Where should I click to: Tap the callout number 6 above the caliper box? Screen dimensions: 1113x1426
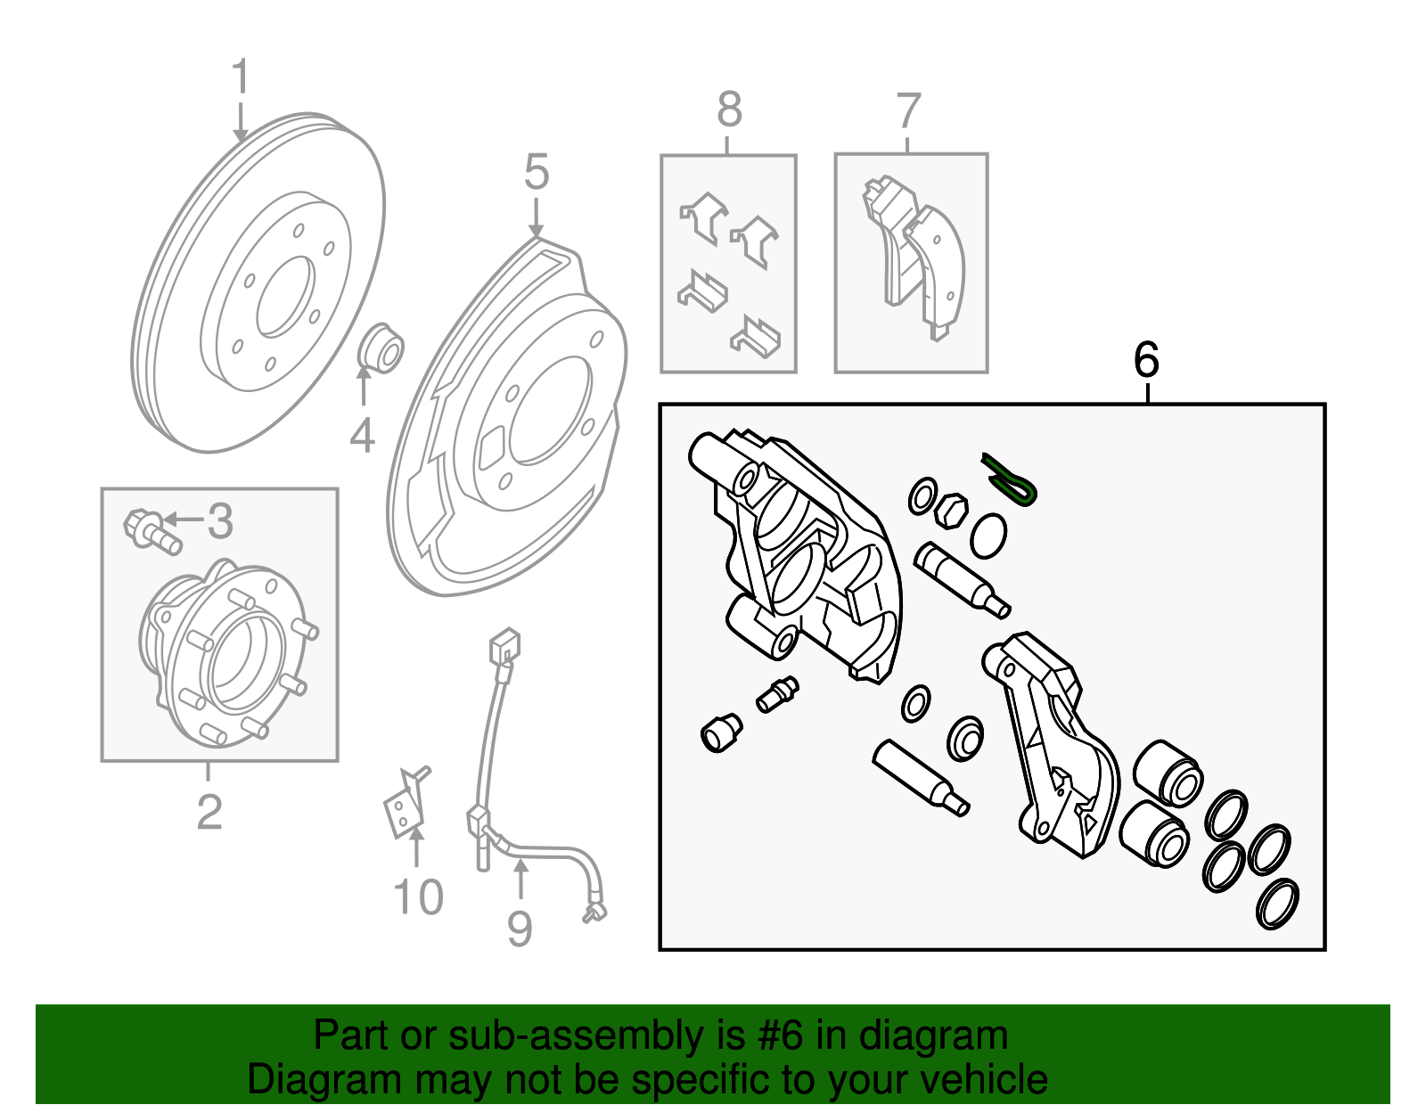coord(1146,360)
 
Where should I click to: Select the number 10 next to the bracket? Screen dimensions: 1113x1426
coord(418,896)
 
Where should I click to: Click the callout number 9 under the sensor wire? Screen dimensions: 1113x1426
coord(520,929)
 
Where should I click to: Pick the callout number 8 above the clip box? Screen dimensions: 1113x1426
coord(729,110)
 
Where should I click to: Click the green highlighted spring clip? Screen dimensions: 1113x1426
coord(1011,480)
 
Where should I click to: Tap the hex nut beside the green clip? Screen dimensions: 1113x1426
coord(950,510)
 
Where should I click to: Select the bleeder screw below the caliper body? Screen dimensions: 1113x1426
coord(777,694)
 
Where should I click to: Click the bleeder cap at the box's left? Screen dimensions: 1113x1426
coord(720,732)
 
